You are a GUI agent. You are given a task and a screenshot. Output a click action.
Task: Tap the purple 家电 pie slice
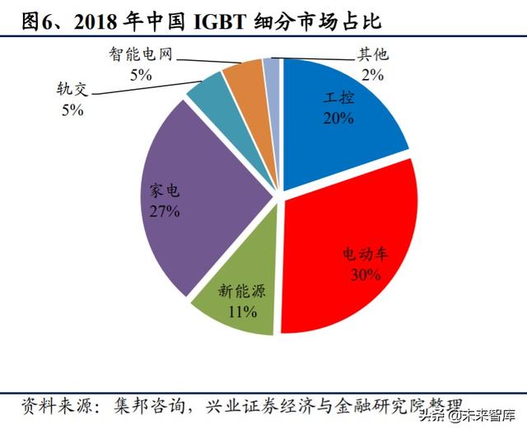click(206, 198)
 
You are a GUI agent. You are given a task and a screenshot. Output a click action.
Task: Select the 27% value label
click(165, 212)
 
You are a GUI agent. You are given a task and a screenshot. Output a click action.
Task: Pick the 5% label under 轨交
click(72, 110)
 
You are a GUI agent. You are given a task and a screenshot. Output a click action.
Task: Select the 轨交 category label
click(72, 90)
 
